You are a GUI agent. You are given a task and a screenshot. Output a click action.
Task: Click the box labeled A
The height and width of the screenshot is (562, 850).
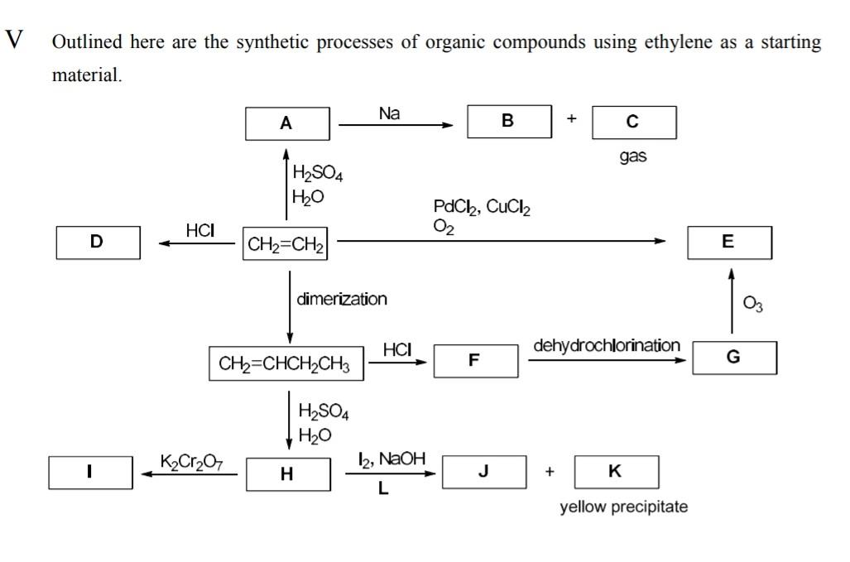pyautogui.click(x=287, y=123)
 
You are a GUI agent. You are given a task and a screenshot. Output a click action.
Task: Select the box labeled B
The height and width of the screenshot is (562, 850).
pyautogui.click(x=509, y=121)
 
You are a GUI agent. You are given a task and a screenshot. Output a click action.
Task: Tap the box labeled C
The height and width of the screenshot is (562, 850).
pyautogui.click(x=634, y=122)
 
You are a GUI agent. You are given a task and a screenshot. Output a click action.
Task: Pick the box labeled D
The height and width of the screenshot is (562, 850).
pyautogui.click(x=98, y=242)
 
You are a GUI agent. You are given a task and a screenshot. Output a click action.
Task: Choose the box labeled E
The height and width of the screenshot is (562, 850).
pyautogui.click(x=728, y=242)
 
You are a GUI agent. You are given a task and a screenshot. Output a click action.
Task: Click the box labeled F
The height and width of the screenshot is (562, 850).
pyautogui.click(x=475, y=360)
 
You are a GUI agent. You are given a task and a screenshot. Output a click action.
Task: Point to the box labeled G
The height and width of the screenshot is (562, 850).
pyautogui.click(x=734, y=358)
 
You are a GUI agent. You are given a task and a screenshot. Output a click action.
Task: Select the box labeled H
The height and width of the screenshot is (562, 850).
pyautogui.click(x=287, y=474)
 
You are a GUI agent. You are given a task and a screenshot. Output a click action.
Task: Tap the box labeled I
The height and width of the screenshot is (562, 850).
pyautogui.click(x=90, y=473)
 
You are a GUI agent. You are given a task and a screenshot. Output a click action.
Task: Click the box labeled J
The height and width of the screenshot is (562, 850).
pyautogui.click(x=484, y=472)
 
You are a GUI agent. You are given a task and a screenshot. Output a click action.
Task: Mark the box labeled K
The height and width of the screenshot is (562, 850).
pyautogui.click(x=616, y=472)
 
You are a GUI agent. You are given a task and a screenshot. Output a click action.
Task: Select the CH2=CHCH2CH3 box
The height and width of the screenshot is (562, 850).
pyautogui.click(x=286, y=363)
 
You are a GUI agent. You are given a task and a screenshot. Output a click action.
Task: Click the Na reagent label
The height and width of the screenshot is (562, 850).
pyautogui.click(x=389, y=113)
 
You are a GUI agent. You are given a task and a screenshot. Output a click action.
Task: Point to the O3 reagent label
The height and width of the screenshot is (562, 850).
pyautogui.click(x=753, y=305)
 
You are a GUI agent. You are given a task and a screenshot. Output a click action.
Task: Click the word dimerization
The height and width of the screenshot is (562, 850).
pyautogui.click(x=341, y=299)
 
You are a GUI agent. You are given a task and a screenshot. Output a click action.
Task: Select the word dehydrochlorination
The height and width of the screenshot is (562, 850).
pyautogui.click(x=607, y=345)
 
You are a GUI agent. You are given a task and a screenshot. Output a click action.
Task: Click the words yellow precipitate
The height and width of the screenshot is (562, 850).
pyautogui.click(x=623, y=507)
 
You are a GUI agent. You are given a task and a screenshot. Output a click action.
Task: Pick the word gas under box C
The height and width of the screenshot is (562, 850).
pyautogui.click(x=633, y=156)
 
